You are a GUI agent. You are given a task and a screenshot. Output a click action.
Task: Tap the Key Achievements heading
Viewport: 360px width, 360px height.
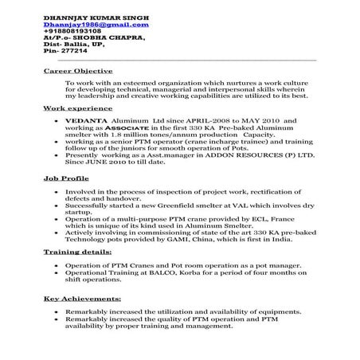(x=77, y=299)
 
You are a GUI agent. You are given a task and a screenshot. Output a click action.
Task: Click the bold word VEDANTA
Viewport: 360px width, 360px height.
(x=83, y=120)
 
